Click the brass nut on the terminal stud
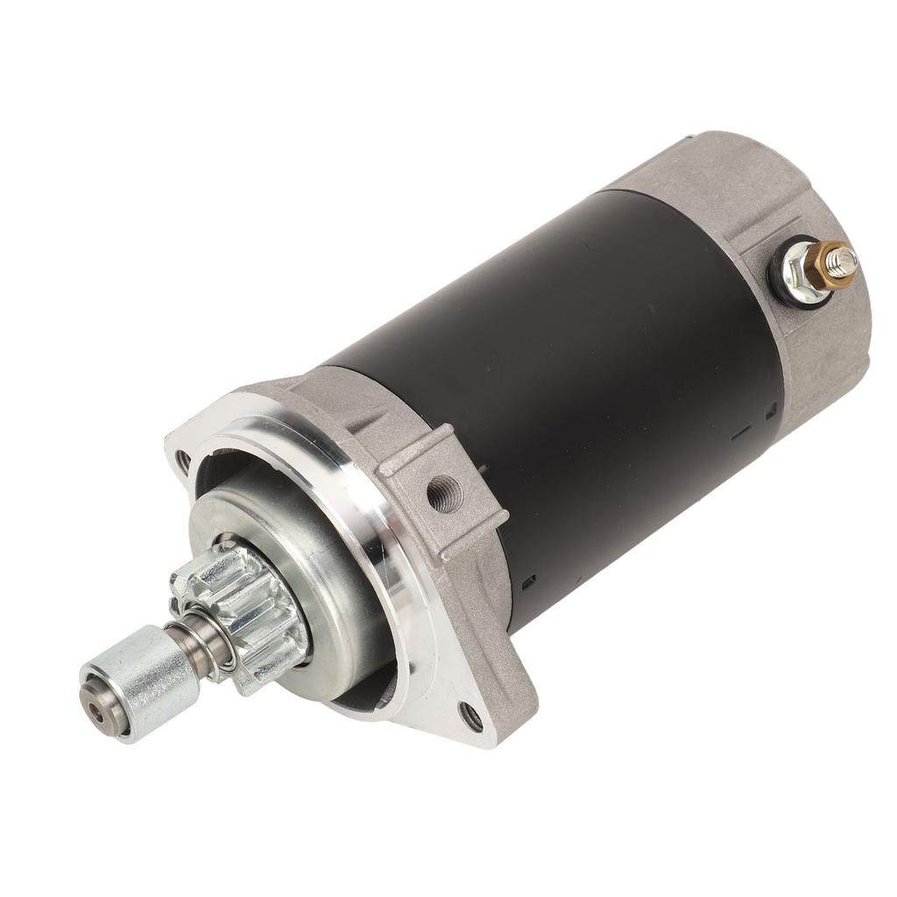tap(830, 264)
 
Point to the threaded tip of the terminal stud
tap(847, 256)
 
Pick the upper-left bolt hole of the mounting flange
tap(183, 458)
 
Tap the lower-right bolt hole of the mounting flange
tap(471, 717)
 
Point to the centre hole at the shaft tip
tap(90, 696)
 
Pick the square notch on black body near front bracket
tap(529, 579)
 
